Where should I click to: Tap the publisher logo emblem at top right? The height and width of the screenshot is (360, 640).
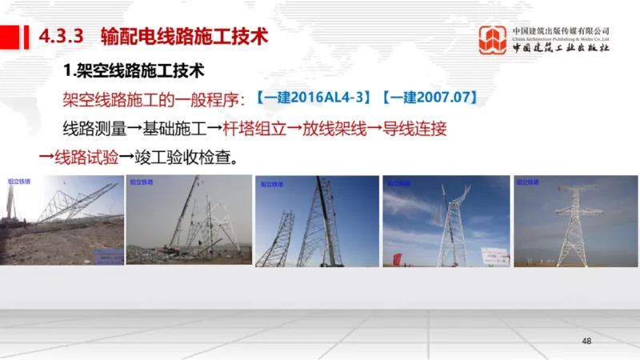click(x=493, y=40)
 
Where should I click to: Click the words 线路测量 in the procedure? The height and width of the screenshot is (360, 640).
click(x=89, y=128)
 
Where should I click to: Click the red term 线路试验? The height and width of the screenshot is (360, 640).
click(x=79, y=155)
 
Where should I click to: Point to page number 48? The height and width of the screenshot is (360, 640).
click(x=586, y=342)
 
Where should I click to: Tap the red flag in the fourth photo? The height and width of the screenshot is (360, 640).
click(x=396, y=258)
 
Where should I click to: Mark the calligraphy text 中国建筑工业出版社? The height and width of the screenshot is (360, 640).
click(x=561, y=48)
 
